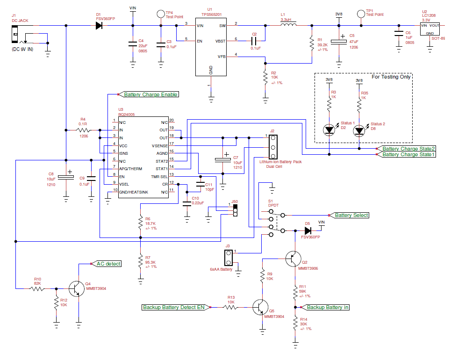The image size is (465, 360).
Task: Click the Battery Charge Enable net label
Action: tap(150, 94)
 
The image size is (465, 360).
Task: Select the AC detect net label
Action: tap(108, 264)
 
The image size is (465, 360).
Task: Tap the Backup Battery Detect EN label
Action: tap(173, 307)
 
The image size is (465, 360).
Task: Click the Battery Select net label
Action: tap(351, 215)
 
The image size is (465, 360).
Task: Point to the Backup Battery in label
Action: tap(328, 307)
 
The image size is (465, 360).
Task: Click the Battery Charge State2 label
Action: tap(409, 149)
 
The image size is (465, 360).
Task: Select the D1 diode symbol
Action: tap(99, 25)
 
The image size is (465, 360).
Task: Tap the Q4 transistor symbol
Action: tap(76, 288)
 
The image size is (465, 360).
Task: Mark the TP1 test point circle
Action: tap(361, 14)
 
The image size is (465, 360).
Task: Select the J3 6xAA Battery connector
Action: tap(229, 257)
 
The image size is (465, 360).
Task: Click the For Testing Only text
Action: tap(391, 77)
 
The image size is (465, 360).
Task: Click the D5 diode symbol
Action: tap(308, 230)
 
